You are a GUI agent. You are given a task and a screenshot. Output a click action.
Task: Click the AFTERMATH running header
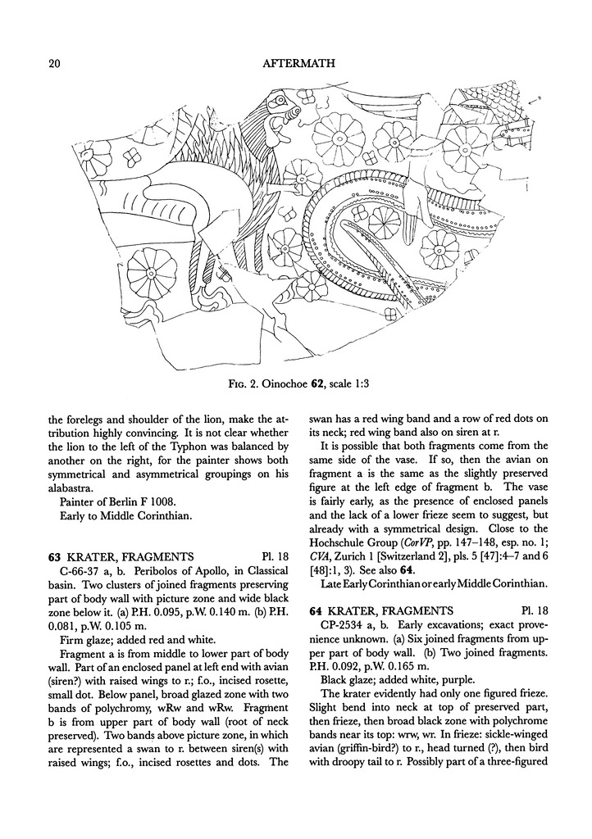pyautogui.click(x=296, y=62)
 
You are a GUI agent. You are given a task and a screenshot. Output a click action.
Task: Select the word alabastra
pyautogui.click(x=72, y=478)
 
